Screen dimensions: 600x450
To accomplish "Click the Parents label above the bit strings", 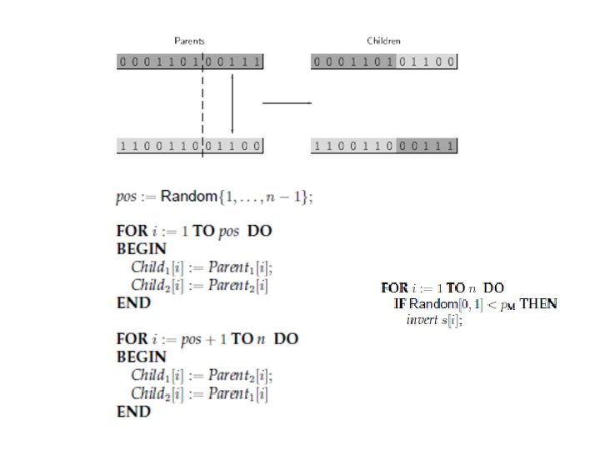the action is coord(189,41).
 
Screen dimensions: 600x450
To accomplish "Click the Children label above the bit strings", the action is coord(384,41).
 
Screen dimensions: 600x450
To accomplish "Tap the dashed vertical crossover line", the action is coord(202,100).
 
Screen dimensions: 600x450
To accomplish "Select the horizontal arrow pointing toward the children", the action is coord(287,103).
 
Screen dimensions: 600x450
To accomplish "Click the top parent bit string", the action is coord(190,62).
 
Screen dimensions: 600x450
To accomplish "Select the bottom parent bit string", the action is coord(190,146).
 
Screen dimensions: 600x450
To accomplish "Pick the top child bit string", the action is coord(384,62).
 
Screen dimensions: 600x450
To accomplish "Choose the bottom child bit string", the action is coord(384,146).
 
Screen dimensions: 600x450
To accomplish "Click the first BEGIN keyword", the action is coord(142,248).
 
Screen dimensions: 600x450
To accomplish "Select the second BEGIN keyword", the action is coord(142,357).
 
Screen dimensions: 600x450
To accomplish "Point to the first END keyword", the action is coord(133,303).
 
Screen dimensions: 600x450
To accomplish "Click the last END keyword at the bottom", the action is coord(133,412).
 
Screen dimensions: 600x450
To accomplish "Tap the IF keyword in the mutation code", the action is coord(399,303).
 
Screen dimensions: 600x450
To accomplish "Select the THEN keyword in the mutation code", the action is coord(538,303).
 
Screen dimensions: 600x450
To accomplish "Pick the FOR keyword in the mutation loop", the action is coord(393,287).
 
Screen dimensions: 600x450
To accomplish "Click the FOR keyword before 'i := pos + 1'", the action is coord(131,339).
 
